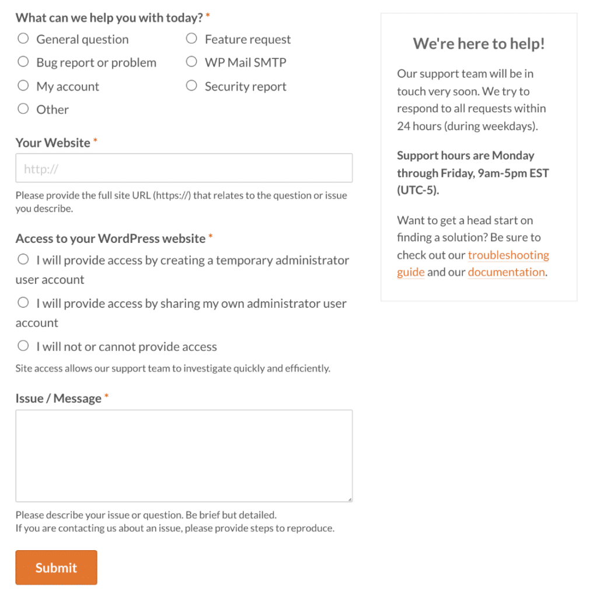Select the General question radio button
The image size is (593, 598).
click(23, 39)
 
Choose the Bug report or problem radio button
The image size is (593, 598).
click(23, 62)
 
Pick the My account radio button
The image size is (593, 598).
click(23, 86)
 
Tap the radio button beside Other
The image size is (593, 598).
click(23, 109)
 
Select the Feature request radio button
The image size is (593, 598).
click(191, 39)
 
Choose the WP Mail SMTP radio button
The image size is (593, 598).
click(191, 62)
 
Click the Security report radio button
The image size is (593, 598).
click(191, 86)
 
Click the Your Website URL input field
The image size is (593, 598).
click(184, 168)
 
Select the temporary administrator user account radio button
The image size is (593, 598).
click(23, 259)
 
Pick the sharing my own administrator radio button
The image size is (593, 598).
click(23, 303)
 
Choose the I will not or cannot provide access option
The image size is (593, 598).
click(23, 346)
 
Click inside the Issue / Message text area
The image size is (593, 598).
click(184, 456)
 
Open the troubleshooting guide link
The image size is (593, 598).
click(508, 255)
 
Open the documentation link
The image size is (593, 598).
click(506, 272)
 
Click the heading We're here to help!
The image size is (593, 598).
click(479, 44)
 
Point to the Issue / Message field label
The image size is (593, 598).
click(58, 398)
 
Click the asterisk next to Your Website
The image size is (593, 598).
click(95, 141)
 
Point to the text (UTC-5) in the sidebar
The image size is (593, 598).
click(417, 190)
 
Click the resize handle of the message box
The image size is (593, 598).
click(350, 499)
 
